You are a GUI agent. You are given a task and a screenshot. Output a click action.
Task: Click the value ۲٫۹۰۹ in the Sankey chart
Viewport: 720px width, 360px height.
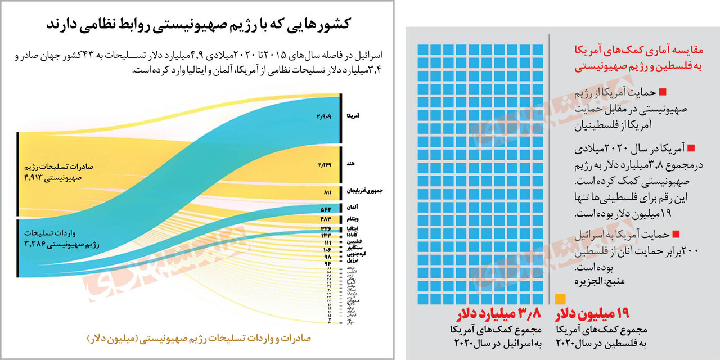click(325, 116)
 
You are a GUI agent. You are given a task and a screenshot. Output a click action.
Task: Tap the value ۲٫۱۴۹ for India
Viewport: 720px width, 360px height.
click(325, 164)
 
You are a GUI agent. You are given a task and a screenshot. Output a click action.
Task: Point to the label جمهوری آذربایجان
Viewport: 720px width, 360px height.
click(363, 192)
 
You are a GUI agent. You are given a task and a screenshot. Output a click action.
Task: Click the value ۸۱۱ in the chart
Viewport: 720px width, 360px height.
click(327, 192)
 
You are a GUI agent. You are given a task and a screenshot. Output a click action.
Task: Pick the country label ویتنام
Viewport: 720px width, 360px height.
click(351, 218)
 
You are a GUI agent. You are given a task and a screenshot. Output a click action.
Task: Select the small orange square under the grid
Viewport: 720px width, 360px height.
click(560, 299)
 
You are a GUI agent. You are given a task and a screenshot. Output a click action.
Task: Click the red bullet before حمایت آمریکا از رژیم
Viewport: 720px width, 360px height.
click(662, 92)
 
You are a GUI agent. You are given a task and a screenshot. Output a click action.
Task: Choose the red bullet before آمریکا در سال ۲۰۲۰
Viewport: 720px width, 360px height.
click(691, 148)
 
